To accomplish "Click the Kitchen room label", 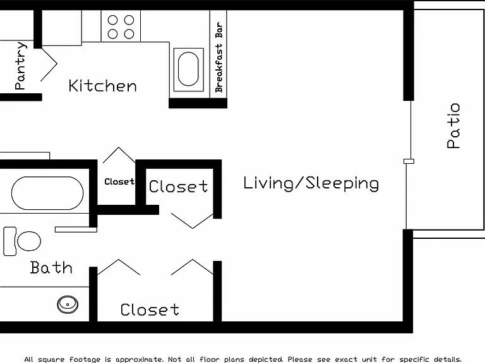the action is [102, 86].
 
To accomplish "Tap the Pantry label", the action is [20, 66].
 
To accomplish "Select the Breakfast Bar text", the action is [219, 57].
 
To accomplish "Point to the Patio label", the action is [453, 126].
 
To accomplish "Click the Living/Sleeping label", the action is [311, 183].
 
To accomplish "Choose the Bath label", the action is [51, 268].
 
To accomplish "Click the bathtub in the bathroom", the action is [47, 193].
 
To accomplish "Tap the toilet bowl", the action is [29, 241].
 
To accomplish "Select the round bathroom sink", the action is [68, 304].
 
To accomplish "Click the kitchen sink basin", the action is [188, 69].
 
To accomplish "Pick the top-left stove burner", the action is [112, 20].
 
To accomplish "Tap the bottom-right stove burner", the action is [129, 33].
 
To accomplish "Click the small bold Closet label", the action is [119, 181].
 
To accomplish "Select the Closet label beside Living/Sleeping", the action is [178, 187].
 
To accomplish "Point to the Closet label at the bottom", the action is [150, 309].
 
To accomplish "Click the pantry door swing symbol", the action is [49, 64].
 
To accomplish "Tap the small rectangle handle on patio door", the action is [409, 161].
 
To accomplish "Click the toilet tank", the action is [9, 241].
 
